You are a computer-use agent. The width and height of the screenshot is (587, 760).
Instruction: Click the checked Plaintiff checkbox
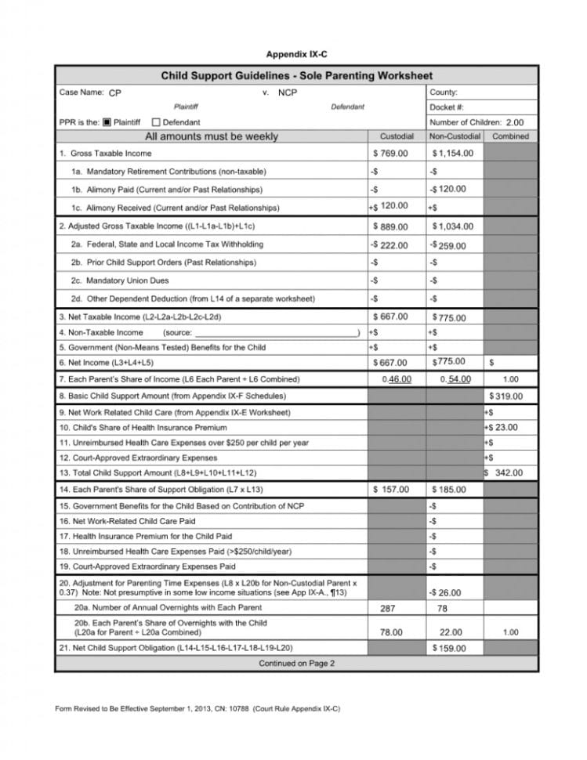coord(108,122)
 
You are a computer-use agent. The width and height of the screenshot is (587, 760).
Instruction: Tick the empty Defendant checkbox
coord(156,122)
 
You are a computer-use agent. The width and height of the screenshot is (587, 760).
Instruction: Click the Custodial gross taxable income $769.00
coord(390,154)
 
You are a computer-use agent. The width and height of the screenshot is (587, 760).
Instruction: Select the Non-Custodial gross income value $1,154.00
coord(453,154)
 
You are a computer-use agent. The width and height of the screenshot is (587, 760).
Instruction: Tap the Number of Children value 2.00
coord(514,122)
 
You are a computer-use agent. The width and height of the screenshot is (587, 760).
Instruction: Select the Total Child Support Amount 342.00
coord(508,472)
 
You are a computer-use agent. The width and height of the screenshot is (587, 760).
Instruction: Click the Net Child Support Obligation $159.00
coord(449,648)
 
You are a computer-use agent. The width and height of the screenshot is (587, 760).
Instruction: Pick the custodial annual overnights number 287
coord(387,608)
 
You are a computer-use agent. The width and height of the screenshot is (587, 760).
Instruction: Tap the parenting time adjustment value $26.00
coord(447,593)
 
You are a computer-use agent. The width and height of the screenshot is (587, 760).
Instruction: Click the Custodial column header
coord(397,136)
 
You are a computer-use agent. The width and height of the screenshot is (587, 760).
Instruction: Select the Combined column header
coord(510,136)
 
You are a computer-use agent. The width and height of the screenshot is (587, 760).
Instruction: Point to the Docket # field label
coord(447,107)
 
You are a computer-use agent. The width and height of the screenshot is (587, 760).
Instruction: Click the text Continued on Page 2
coord(296,664)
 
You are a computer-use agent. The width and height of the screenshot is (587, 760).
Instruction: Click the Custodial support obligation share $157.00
coord(391,490)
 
